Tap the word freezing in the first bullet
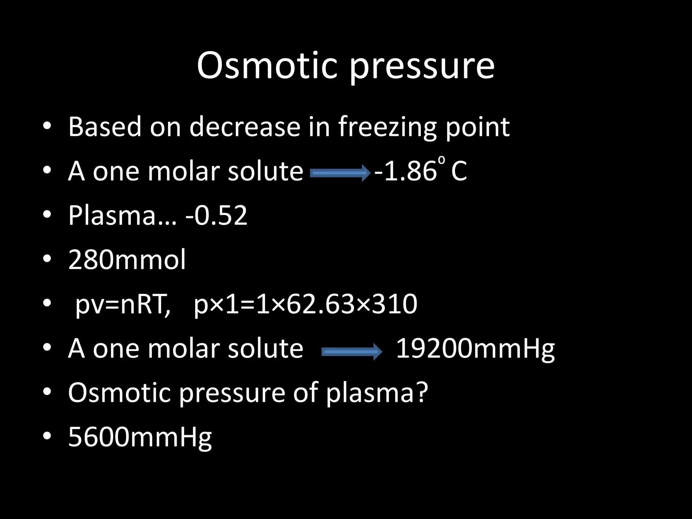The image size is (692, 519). [387, 128]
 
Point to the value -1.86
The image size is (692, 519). [405, 171]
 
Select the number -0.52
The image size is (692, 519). [217, 215]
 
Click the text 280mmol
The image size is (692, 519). [127, 259]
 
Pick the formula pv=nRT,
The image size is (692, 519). [123, 304]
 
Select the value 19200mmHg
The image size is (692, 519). [475, 349]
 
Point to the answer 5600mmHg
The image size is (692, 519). [140, 437]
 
